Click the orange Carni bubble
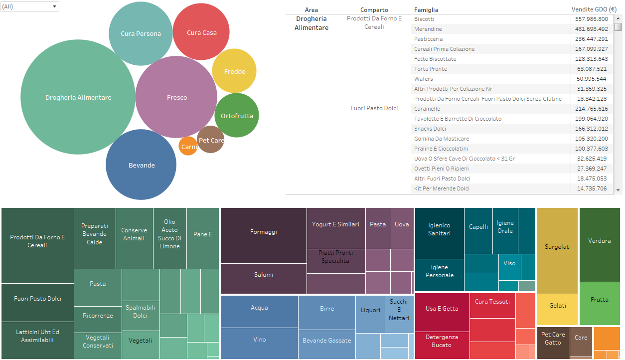click(188, 146)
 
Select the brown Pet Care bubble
click(211, 140)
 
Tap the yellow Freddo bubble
click(234, 71)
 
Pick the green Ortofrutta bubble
click(237, 115)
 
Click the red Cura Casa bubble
click(201, 31)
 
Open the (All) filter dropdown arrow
click(54, 6)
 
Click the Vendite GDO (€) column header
click(594, 9)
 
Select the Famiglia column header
click(426, 10)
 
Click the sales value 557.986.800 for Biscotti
click(592, 19)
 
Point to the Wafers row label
click(423, 79)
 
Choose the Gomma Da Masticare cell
click(442, 139)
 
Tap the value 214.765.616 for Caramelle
click(592, 109)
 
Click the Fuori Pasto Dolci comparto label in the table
click(374, 108)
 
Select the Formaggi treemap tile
click(263, 235)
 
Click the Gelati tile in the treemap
click(558, 310)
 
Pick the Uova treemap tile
click(402, 228)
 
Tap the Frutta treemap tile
click(600, 304)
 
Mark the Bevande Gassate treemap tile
click(327, 345)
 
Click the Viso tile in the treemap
click(509, 267)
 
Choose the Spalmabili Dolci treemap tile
click(141, 316)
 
